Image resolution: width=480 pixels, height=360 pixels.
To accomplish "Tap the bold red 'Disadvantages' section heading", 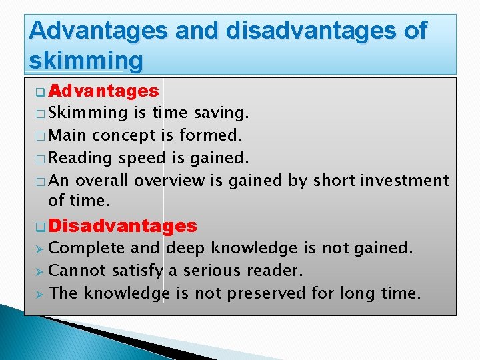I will (x=123, y=226).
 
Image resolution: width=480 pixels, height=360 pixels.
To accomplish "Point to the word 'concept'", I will (x=125, y=135).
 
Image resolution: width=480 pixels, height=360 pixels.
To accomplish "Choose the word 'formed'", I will (x=209, y=135).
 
